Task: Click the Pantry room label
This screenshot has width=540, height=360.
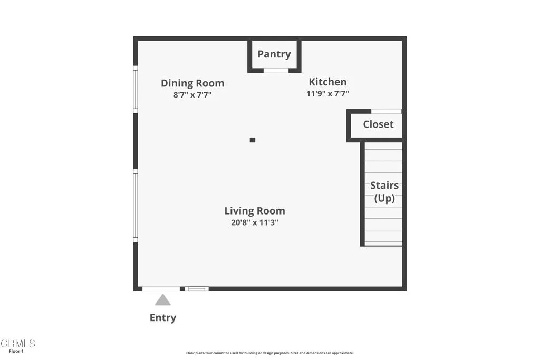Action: point(274,54)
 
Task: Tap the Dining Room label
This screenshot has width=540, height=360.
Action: point(192,83)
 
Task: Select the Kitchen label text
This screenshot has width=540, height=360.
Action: point(327,82)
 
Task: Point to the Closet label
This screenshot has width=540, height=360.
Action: point(378,124)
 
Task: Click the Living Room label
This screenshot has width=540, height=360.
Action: point(255,211)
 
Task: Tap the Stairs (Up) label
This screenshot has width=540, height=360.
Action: point(384,192)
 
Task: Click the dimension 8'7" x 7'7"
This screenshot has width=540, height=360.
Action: point(192,95)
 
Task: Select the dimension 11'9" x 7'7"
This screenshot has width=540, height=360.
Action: point(327,94)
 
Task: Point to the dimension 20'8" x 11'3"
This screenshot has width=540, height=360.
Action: point(255,222)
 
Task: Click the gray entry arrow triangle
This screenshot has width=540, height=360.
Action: point(162,300)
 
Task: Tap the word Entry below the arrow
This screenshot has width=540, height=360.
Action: point(163,317)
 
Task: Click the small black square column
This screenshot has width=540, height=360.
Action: point(253,140)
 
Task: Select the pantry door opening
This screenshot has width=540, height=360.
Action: point(276,70)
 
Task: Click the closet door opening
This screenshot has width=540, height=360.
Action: point(386,111)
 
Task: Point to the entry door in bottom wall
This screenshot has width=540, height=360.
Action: point(161,288)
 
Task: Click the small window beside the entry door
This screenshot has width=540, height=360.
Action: point(197,288)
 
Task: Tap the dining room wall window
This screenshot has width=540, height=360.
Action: point(136,89)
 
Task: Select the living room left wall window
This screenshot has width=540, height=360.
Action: point(136,206)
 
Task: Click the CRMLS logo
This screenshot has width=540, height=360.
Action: point(18,344)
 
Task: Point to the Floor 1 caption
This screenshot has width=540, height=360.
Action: point(16,352)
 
